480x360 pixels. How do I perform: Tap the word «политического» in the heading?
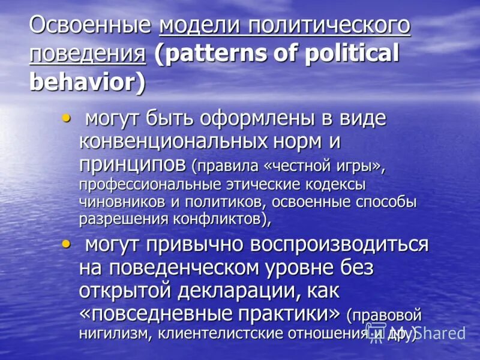[x=330, y=28]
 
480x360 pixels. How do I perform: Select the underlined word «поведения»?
[x=88, y=54]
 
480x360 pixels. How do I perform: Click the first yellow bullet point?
[x=66, y=115]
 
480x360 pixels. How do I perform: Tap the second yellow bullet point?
[x=66, y=242]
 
